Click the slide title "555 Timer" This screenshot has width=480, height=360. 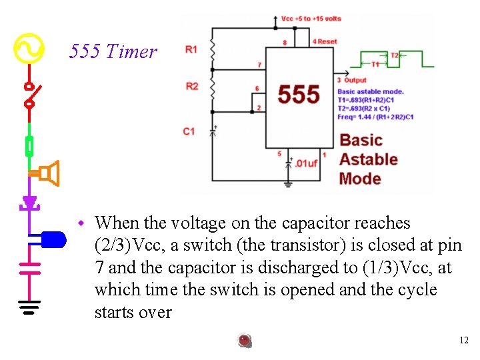tap(113, 51)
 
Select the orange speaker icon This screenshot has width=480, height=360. tap(49, 173)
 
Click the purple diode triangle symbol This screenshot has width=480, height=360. tap(29, 202)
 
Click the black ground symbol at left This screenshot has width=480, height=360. tap(29, 307)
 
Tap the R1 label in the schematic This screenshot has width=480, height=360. tap(191, 50)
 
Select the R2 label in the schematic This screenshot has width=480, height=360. tap(192, 86)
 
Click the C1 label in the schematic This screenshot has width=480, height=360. tap(189, 131)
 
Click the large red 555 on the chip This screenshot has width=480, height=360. tap(298, 94)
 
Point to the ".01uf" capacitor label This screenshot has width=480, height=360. tap(307, 163)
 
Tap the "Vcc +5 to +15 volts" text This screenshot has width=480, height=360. tap(311, 19)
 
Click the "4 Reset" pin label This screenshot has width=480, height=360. tap(325, 41)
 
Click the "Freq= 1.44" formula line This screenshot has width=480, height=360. tap(375, 117)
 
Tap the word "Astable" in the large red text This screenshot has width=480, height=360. tap(368, 159)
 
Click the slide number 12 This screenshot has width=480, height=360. tap(464, 341)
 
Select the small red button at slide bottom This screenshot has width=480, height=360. tap(245, 341)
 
